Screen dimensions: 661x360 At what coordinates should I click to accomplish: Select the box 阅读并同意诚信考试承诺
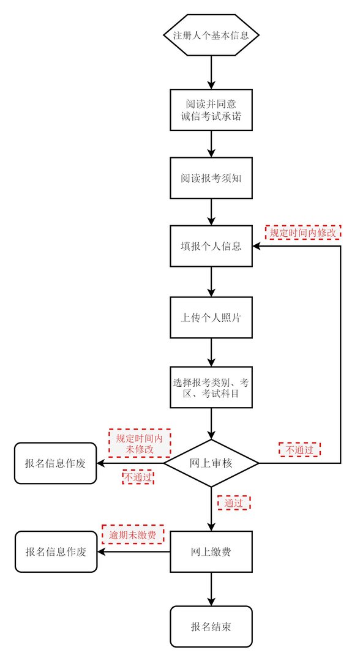coord(211,110)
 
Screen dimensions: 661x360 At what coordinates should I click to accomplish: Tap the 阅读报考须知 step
coord(211,178)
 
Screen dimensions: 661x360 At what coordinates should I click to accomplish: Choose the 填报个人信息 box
coord(211,247)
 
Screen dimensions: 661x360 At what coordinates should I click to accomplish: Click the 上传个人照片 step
coord(211,318)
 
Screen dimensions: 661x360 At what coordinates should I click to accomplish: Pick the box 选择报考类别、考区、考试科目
coord(211,388)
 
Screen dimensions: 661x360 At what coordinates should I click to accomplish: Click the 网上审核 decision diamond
coord(211,463)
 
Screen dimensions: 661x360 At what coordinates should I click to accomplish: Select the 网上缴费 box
coord(211,551)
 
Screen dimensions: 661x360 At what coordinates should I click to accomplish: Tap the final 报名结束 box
coord(211,626)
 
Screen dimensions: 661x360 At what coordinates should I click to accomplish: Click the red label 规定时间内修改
coord(303,233)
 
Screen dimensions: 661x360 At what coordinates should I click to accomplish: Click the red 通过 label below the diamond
coord(234,502)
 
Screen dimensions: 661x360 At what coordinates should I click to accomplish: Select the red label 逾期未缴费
coord(133,534)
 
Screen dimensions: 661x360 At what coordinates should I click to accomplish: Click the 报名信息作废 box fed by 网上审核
coord(56,463)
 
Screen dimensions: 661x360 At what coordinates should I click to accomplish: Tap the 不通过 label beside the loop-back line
coord(300,450)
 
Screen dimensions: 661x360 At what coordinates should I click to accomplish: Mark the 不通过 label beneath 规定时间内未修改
coord(138,477)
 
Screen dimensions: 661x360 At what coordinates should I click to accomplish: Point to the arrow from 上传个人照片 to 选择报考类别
coord(211,352)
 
